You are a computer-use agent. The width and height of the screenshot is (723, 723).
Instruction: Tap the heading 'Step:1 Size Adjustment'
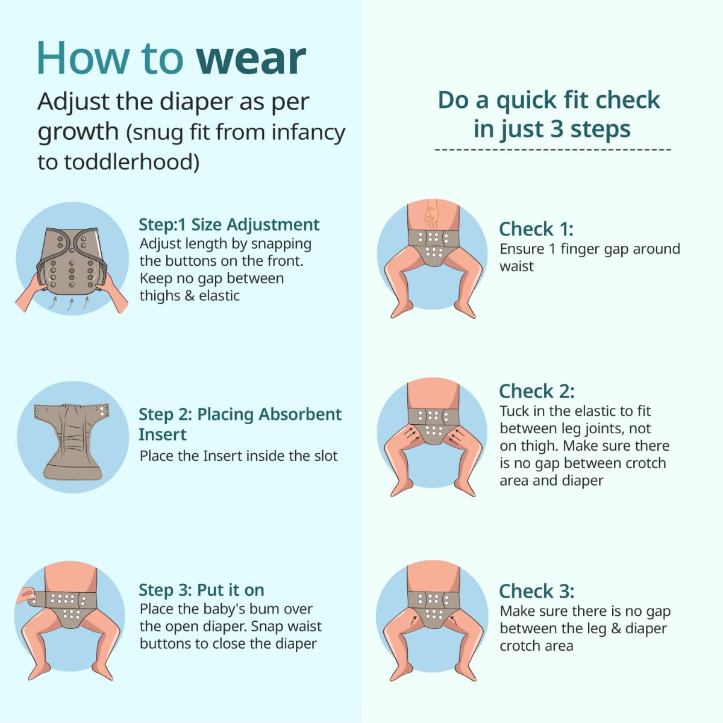pyautogui.click(x=229, y=225)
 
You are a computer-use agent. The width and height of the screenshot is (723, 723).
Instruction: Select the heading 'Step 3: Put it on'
pyautogui.click(x=201, y=590)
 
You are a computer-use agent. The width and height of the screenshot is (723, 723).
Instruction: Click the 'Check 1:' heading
pyautogui.click(x=536, y=229)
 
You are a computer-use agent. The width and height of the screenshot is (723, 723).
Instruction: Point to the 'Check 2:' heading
pyautogui.click(x=537, y=392)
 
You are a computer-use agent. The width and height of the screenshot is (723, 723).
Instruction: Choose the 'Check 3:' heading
pyautogui.click(x=537, y=591)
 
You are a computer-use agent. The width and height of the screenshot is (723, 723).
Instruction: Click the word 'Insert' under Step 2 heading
pyautogui.click(x=163, y=435)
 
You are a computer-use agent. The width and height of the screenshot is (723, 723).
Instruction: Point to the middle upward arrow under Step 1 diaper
pyautogui.click(x=70, y=304)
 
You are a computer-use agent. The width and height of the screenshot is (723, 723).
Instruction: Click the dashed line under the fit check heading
pyautogui.click(x=552, y=149)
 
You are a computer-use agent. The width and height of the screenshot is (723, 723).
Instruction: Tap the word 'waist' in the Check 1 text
pyautogui.click(x=516, y=266)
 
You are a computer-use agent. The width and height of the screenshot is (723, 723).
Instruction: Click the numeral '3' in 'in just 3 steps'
pyautogui.click(x=556, y=129)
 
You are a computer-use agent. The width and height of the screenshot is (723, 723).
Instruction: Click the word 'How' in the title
pyautogui.click(x=83, y=58)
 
